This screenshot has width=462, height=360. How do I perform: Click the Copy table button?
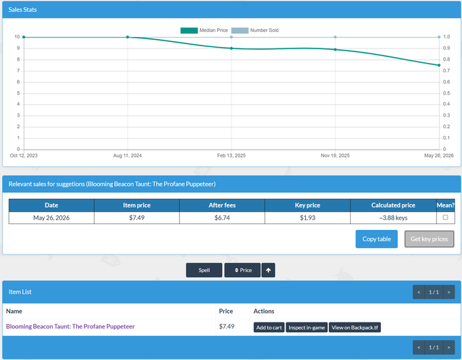point(376,239)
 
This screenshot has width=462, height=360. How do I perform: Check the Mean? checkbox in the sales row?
point(445,217)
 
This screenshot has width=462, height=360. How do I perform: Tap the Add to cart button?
point(269,327)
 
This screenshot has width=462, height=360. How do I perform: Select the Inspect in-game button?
point(307,327)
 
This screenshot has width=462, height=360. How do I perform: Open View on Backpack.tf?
point(355,327)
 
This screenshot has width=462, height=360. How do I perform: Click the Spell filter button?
point(204,270)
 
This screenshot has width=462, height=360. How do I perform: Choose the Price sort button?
point(243,270)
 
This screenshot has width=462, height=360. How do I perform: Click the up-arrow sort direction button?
point(268,270)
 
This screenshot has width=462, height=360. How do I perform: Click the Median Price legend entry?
point(204,30)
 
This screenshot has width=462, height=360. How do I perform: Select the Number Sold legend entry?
point(255,30)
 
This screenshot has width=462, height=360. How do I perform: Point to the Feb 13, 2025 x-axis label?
point(231,155)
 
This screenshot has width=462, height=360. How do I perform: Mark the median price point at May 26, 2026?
point(439,65)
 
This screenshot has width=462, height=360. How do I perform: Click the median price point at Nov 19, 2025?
point(335,49)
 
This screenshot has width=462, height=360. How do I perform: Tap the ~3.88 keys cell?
point(393,218)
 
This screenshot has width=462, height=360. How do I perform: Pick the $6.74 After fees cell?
point(222,218)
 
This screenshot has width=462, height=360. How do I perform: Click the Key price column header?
point(307,205)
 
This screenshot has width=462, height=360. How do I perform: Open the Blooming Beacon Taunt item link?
point(70,327)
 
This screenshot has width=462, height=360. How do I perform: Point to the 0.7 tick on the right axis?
point(446,71)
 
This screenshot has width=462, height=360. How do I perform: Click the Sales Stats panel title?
point(22,9)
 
